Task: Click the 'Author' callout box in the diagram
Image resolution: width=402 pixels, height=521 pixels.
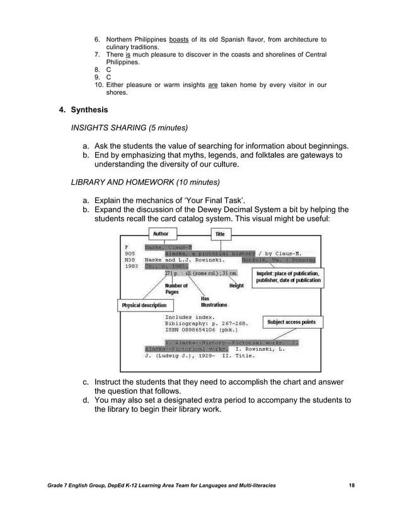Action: (x=161, y=233)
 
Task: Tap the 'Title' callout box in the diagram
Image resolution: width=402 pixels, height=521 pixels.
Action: (x=220, y=234)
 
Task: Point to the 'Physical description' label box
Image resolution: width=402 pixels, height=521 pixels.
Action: (x=144, y=306)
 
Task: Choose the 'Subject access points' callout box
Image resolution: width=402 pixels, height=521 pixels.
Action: (x=291, y=322)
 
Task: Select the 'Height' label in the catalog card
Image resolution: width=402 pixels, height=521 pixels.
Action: (x=236, y=286)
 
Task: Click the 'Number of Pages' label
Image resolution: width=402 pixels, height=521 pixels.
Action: (x=176, y=289)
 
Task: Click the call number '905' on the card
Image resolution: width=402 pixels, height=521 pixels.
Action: (x=132, y=252)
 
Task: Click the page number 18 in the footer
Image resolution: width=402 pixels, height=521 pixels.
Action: (x=352, y=484)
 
